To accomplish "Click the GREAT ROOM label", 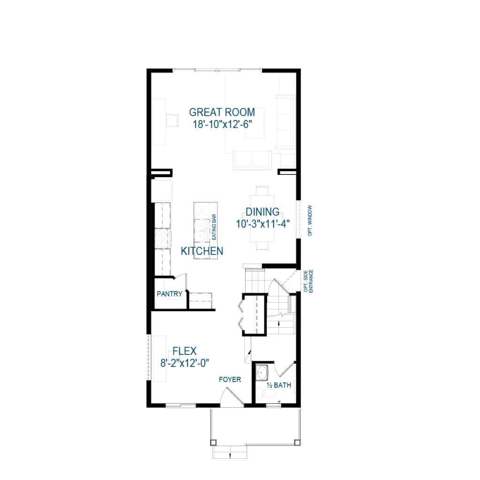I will pos(222,112).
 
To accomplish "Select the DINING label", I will pos(262,212).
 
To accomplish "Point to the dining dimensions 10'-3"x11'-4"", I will pos(262,224).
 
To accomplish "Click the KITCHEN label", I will pos(202,251).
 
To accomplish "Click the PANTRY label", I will pos(169,294).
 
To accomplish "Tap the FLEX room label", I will pos(184,351).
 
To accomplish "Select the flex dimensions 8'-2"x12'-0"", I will pos(184,362).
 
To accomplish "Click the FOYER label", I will pos(230,379).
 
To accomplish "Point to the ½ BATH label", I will pos(278,385).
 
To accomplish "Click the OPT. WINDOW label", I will pos(310,220).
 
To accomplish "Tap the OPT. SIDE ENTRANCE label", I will pos(307,281).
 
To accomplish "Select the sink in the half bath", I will pos(262,373).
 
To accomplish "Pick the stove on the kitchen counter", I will pos(162,239).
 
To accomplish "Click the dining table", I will pos(262,218).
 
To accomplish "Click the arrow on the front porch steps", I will pos(230,454).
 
